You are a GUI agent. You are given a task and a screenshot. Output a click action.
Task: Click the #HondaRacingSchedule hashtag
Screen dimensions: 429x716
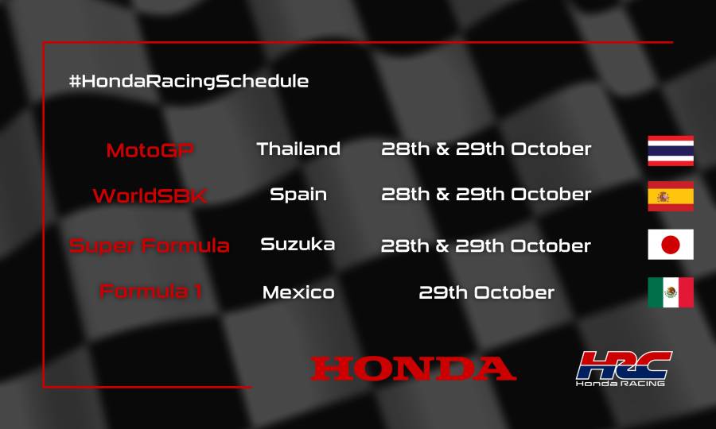(189, 81)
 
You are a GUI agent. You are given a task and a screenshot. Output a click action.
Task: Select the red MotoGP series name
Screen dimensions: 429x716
(150, 149)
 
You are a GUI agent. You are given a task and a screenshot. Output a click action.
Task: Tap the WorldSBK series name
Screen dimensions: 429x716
(150, 195)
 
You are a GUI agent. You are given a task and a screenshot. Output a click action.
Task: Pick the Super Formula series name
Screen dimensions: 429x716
(150, 245)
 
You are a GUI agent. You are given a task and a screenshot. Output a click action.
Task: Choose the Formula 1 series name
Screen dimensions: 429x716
(150, 292)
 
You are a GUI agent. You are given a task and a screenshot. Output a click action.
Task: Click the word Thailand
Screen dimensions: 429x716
(298, 149)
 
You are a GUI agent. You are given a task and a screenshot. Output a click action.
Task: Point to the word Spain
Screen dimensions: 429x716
(298, 195)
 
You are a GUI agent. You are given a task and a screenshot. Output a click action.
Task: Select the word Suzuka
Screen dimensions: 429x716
(298, 245)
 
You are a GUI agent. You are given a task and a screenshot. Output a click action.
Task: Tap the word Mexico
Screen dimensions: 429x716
(298, 292)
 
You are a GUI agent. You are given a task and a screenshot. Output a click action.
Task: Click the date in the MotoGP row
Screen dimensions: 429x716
(486, 149)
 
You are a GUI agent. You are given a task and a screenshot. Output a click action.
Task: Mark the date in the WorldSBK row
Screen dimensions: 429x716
(486, 195)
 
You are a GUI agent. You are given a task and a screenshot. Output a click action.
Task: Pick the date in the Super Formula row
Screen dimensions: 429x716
(486, 245)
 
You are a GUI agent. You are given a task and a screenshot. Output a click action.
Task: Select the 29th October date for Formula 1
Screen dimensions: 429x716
(486, 292)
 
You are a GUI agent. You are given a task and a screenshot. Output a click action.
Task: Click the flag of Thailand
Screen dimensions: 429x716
(671, 151)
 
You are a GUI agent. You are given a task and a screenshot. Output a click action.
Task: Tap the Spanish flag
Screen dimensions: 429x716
(671, 196)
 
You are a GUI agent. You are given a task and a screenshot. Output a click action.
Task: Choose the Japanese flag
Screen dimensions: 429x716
(671, 245)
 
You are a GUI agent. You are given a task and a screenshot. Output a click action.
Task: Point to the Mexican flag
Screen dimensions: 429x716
(671, 292)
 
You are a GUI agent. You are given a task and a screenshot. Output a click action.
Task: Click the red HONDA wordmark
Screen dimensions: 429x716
(413, 368)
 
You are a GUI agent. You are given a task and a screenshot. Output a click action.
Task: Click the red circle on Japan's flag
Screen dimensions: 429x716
(671, 245)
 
